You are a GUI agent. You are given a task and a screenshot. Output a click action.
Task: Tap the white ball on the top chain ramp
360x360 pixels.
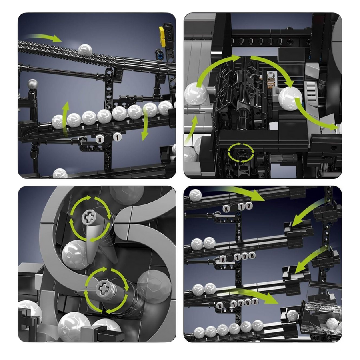85,50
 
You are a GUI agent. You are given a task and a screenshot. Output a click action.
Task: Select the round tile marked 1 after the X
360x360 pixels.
118,138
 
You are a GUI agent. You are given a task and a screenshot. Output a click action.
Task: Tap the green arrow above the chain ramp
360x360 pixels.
44,37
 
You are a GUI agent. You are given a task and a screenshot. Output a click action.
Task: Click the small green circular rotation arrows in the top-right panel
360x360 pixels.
241,152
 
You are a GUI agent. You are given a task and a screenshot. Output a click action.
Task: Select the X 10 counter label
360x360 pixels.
238,207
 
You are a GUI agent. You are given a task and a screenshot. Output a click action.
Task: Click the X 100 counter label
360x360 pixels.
237,257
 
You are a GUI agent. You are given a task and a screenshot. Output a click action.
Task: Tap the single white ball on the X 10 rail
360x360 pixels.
195,195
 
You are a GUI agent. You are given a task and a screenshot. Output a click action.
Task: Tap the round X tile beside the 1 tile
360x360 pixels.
100,139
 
